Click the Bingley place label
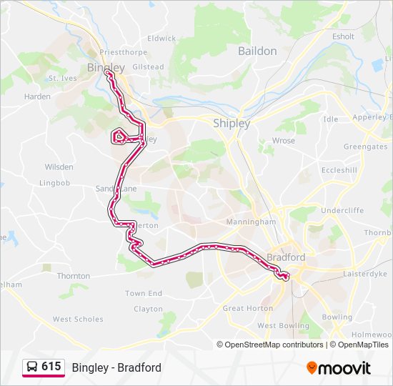(x=105, y=67)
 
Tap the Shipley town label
(x=232, y=123)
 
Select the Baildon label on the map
(x=257, y=51)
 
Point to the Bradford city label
(x=286, y=257)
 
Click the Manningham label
(x=251, y=222)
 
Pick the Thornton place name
(x=74, y=276)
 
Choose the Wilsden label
(x=59, y=167)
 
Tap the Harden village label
(x=37, y=96)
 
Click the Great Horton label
(x=248, y=309)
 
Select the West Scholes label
(x=78, y=320)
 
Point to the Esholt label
(x=343, y=36)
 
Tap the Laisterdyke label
(x=364, y=274)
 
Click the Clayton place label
(x=149, y=309)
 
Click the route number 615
(x=51, y=367)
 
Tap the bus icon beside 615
(x=32, y=367)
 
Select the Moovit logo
(x=339, y=368)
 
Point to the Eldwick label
(x=161, y=38)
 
